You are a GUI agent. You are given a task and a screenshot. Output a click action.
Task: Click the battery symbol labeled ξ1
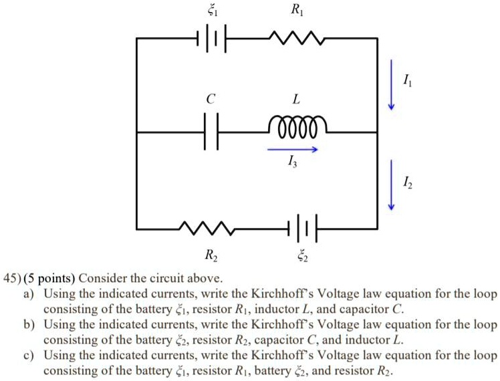tap(212, 39)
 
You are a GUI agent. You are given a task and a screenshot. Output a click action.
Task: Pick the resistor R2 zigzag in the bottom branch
tap(205, 229)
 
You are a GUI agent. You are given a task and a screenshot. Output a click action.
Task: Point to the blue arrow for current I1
tap(392, 86)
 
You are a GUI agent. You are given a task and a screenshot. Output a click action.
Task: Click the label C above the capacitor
tap(211, 99)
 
